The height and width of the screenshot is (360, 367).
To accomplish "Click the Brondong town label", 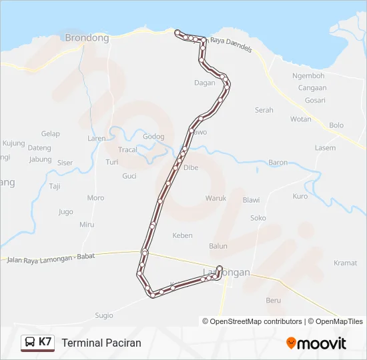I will click(x=87, y=38).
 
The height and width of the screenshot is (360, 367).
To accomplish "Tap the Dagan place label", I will click(x=204, y=83).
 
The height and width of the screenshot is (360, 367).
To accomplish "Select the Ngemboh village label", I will click(x=308, y=76).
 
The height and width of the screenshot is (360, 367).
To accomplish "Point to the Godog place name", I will click(x=153, y=137).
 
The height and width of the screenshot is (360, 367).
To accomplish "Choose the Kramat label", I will click(x=345, y=263).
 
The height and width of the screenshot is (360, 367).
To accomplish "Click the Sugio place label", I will click(x=103, y=315).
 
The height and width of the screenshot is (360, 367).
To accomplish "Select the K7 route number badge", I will click(x=45, y=342).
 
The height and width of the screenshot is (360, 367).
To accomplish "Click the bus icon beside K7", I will click(x=30, y=343).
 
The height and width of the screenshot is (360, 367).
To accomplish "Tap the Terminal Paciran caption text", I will click(x=101, y=343).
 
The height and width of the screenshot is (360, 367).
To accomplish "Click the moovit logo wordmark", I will click(x=322, y=343).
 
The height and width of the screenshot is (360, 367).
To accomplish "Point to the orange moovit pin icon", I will click(x=291, y=343).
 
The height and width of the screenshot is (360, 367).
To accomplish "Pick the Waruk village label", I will click(x=216, y=198).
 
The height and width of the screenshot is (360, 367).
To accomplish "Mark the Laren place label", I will click(x=97, y=139).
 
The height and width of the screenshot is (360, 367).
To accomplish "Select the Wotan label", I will click(x=300, y=119).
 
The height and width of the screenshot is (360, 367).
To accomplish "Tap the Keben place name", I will click(x=182, y=235).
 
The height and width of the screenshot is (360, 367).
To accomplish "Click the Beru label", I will click(x=274, y=301).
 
